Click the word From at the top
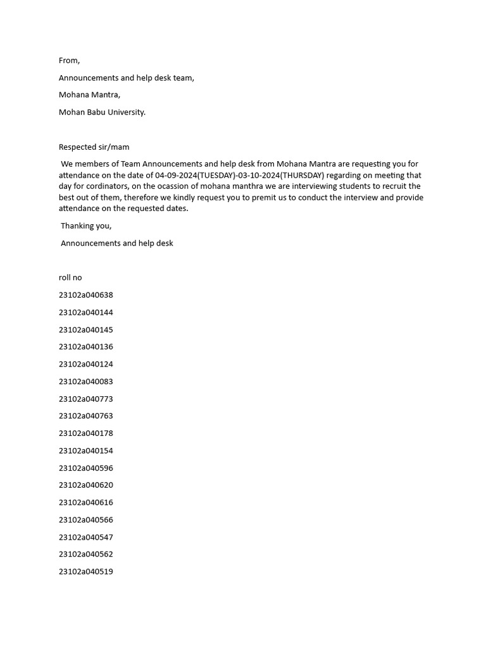pyautogui.click(x=69, y=61)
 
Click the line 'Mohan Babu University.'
pyautogui.click(x=102, y=112)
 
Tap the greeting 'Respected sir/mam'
pyautogui.click(x=94, y=147)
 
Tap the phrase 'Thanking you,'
pyautogui.click(x=86, y=226)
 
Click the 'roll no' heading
pyautogui.click(x=70, y=278)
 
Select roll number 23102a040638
pyautogui.click(x=86, y=295)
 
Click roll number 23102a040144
pyautogui.click(x=86, y=313)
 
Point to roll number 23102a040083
pyautogui.click(x=86, y=382)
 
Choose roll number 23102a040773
pyautogui.click(x=86, y=399)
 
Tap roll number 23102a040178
pyautogui.click(x=86, y=433)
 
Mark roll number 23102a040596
pyautogui.click(x=86, y=468)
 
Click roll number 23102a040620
pyautogui.click(x=86, y=485)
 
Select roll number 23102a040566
pyautogui.click(x=86, y=520)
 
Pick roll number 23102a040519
pyautogui.click(x=86, y=572)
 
